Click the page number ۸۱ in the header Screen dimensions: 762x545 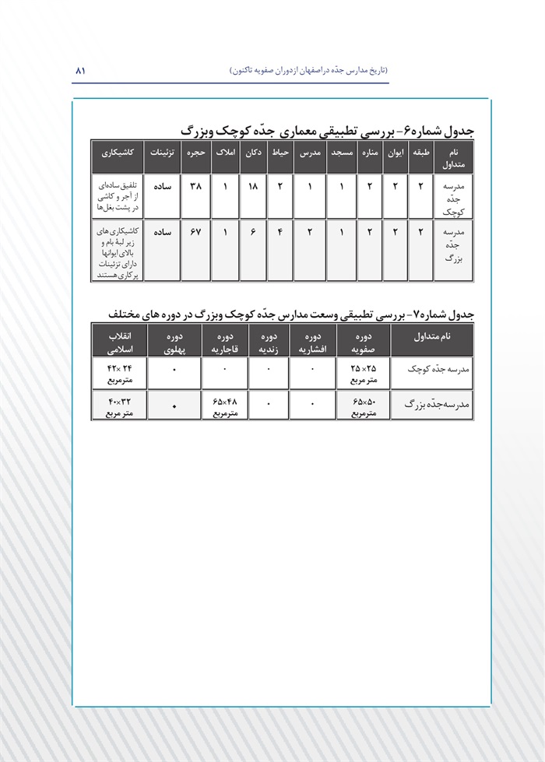tap(79, 70)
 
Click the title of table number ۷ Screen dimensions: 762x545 tap(291, 313)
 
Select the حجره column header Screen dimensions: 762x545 tap(195, 153)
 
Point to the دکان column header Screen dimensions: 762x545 tap(252, 153)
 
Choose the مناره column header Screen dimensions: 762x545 tap(369, 153)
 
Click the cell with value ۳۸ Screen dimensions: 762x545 tap(195, 187)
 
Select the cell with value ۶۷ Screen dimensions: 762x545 tap(195, 231)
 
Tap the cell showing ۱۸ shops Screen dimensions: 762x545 tap(252, 187)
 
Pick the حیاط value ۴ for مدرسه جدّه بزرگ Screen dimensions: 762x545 tap(280, 231)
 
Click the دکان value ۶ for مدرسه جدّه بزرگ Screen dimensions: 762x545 tap(252, 231)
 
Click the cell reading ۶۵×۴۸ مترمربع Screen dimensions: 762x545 tap(224, 406)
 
